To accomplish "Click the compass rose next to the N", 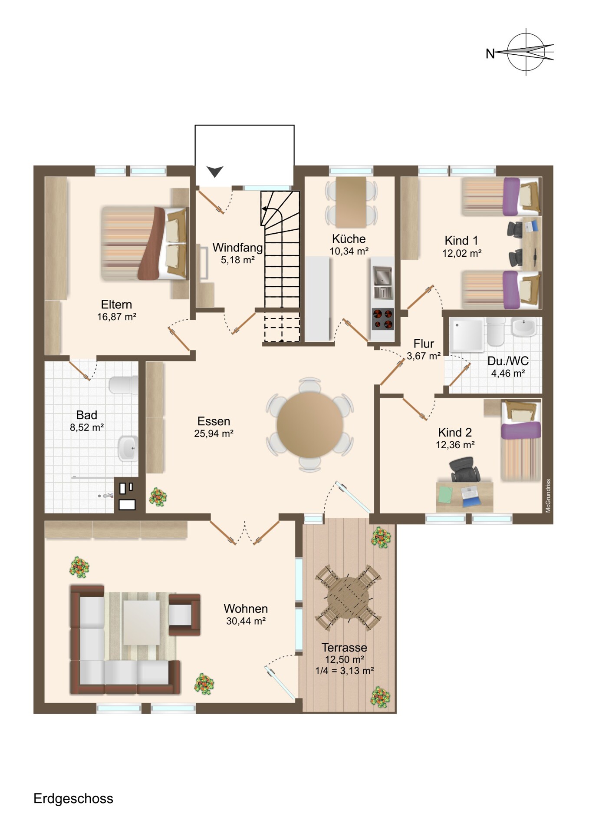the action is (x=526, y=52).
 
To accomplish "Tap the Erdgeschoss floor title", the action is (x=73, y=798).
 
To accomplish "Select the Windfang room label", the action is (x=237, y=248).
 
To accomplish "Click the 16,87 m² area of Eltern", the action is (x=117, y=317).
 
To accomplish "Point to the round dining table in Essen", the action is (x=310, y=424).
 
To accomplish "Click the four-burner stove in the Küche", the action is (x=383, y=319).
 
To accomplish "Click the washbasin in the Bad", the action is (x=128, y=448).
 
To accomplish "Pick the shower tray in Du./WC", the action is (x=467, y=335).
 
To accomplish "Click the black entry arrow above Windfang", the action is (x=214, y=172).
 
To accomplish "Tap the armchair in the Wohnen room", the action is (x=184, y=615).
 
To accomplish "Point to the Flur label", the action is (x=424, y=344).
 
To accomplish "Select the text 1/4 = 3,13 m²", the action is (x=345, y=671).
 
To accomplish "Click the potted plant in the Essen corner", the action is (x=158, y=497).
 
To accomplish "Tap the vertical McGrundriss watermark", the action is (x=548, y=496).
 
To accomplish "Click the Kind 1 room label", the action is (x=461, y=241).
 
